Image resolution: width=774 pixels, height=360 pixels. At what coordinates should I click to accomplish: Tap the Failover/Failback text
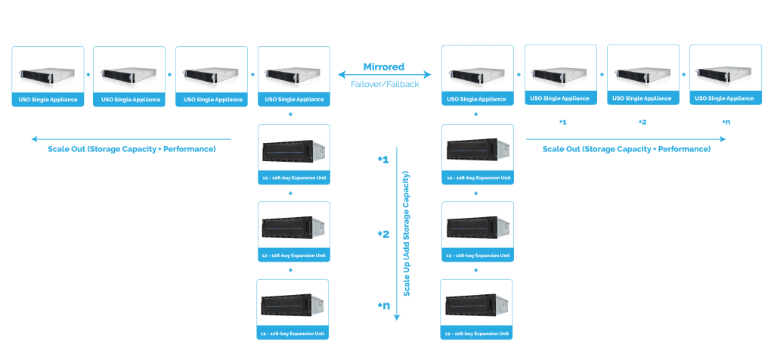[x=384, y=84]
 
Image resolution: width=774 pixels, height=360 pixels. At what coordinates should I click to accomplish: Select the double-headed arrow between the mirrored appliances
[x=384, y=75]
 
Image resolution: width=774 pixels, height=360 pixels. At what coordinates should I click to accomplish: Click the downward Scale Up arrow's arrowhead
[x=397, y=318]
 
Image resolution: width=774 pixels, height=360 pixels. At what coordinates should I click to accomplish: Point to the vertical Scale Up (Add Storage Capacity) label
[x=407, y=234]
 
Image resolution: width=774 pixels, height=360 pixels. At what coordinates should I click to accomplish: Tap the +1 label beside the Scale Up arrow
[x=383, y=160]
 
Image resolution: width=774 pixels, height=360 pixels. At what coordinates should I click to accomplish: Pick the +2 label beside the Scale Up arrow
[x=383, y=234]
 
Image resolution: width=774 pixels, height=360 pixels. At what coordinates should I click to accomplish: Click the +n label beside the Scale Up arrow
[x=383, y=306]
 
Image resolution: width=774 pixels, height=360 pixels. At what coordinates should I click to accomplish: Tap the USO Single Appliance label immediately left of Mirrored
[x=294, y=99]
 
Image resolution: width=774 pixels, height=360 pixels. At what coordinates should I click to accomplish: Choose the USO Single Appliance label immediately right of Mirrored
[x=476, y=99]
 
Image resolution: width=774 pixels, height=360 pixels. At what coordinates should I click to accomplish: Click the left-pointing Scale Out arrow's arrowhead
[x=35, y=139]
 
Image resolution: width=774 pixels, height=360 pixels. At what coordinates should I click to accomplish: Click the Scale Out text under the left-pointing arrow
[x=132, y=149]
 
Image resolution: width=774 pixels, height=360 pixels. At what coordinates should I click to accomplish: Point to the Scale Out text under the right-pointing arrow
[x=627, y=149]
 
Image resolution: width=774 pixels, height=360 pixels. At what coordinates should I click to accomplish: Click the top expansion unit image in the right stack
[x=476, y=150]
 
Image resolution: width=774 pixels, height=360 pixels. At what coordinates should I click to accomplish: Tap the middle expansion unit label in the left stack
[x=294, y=256]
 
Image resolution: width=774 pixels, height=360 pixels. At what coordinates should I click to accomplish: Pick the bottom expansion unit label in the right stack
[x=476, y=333]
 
